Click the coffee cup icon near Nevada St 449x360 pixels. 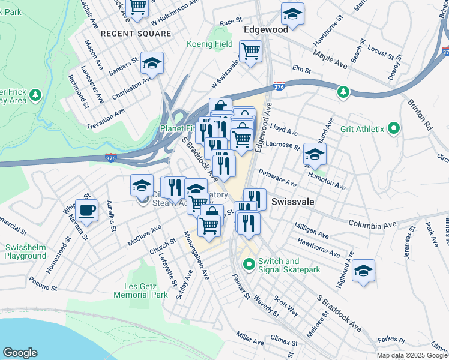pos(88,210)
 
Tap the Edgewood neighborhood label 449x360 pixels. pos(266,29)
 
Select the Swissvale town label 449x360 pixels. pos(293,202)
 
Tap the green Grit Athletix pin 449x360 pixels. pos(394,128)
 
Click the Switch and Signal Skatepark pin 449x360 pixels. pos(247,263)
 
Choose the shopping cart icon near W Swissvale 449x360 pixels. pos(250,51)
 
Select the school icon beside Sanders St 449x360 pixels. pos(152,63)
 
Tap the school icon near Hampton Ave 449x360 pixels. pos(315,154)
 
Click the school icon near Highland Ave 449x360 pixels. pos(363,271)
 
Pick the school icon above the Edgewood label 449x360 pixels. pos(292,13)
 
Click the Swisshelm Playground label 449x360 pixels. pos(25,251)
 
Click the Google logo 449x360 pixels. pos(20,353)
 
